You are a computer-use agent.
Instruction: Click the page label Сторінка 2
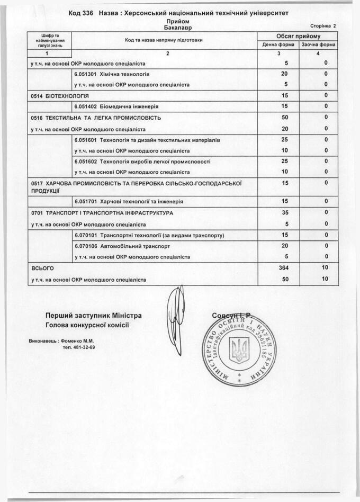coord(322,25)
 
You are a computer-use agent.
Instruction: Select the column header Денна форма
coord(278,44)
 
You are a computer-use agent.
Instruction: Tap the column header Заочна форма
coord(318,44)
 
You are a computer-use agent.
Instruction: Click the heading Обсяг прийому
coord(298,36)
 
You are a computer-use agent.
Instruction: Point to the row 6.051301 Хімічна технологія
coord(112,74)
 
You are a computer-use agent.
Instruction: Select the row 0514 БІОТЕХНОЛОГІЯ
coord(60,96)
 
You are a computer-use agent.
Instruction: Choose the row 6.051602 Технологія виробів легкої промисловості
coord(142,162)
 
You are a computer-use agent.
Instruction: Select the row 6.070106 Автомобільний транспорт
coord(122,246)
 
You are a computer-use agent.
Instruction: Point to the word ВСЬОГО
coord(43,268)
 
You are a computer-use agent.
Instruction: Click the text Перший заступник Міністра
coord(93,316)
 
